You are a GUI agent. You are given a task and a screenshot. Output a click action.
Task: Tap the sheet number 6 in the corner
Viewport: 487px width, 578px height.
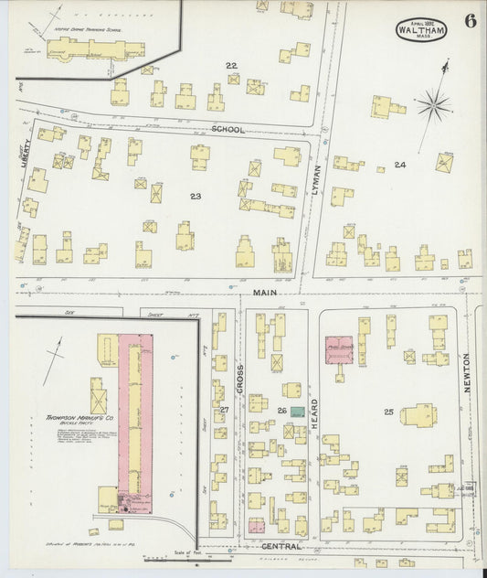pyautogui.click(x=469, y=22)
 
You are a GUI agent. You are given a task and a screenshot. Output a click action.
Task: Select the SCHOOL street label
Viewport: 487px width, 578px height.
pyautogui.click(x=228, y=130)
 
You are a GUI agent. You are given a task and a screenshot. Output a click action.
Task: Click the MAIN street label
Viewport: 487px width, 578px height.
pyautogui.click(x=265, y=293)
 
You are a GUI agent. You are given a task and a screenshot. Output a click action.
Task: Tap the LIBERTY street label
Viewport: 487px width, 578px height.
pyautogui.click(x=26, y=147)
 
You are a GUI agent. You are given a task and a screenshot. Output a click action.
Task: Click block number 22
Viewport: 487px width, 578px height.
pyautogui.click(x=232, y=65)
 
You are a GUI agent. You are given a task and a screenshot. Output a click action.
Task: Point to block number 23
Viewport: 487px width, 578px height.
pyautogui.click(x=196, y=197)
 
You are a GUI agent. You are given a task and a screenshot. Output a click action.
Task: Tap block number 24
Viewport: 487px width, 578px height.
pyautogui.click(x=399, y=165)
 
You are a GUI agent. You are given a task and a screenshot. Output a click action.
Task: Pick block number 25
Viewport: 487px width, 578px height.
pyautogui.click(x=388, y=412)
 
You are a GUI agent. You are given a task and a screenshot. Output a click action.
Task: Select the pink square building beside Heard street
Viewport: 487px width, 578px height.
pyautogui.click(x=341, y=349)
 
